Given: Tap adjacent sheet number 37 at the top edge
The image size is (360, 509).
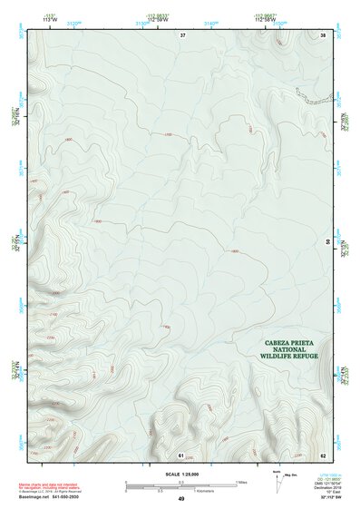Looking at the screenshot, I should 182,34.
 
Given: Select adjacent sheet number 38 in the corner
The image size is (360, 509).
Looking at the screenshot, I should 322,34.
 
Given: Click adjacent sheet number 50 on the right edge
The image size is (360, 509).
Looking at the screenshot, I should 327,241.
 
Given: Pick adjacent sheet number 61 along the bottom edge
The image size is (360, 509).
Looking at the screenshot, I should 181,454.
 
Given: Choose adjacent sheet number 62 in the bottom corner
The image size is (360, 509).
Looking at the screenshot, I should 322,454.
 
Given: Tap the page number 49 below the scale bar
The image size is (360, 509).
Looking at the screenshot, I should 181,499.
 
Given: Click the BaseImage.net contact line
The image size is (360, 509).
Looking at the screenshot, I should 50,498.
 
